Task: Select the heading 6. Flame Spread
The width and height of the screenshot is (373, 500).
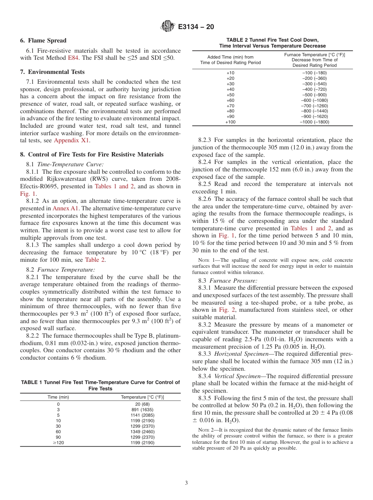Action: click(43, 40)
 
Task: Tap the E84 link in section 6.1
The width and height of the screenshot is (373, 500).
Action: click(73, 58)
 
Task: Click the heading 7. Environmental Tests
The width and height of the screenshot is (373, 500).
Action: click(52, 72)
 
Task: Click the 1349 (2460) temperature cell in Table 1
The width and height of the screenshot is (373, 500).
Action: click(143, 432)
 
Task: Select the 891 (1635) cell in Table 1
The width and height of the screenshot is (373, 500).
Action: click(143, 410)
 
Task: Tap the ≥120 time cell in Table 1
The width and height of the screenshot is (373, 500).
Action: click(58, 443)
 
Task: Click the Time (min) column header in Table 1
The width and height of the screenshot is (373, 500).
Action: click(58, 397)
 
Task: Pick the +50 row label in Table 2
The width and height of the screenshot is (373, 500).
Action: click(230, 95)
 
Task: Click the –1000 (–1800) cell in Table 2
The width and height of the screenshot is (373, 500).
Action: click(314, 122)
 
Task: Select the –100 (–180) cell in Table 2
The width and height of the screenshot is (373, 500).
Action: click(314, 73)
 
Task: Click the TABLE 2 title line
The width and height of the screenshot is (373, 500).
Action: click(272, 40)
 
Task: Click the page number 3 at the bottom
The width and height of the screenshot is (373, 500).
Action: click(186, 483)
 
